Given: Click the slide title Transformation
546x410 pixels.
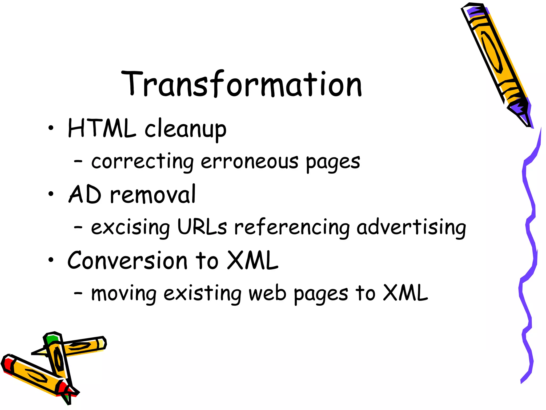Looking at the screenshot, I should [241, 84].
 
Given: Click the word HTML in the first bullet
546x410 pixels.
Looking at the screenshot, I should [102, 128].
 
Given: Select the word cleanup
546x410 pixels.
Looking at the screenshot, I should [185, 130].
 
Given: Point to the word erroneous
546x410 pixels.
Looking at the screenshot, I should [249, 162].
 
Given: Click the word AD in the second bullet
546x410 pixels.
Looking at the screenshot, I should [85, 194].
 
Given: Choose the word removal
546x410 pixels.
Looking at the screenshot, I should [153, 194].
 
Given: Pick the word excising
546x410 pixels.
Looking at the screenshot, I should [130, 228].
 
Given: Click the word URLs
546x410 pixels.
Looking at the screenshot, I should [202, 227].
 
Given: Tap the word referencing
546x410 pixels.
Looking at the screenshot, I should [292, 228].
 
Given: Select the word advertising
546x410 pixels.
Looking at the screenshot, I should [411, 228].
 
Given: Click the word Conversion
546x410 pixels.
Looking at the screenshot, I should [127, 260].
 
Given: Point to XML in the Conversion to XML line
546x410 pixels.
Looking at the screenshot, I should [252, 260].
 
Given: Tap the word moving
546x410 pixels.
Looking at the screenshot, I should [124, 294].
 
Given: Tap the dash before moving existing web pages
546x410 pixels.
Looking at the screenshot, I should [78, 293].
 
